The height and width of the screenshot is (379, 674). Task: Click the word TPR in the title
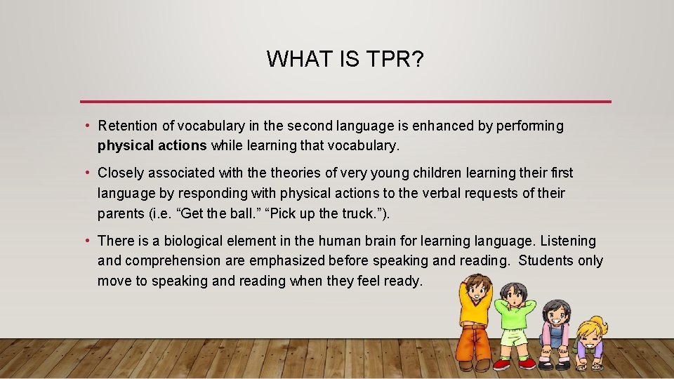(x=395, y=59)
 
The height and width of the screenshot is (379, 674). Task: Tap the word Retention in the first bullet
(x=127, y=126)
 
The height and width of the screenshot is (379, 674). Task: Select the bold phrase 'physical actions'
(x=152, y=146)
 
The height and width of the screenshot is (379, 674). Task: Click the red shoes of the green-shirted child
(x=513, y=364)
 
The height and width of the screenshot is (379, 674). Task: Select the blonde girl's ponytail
(x=600, y=324)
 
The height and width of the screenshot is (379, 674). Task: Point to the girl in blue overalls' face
(x=557, y=313)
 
